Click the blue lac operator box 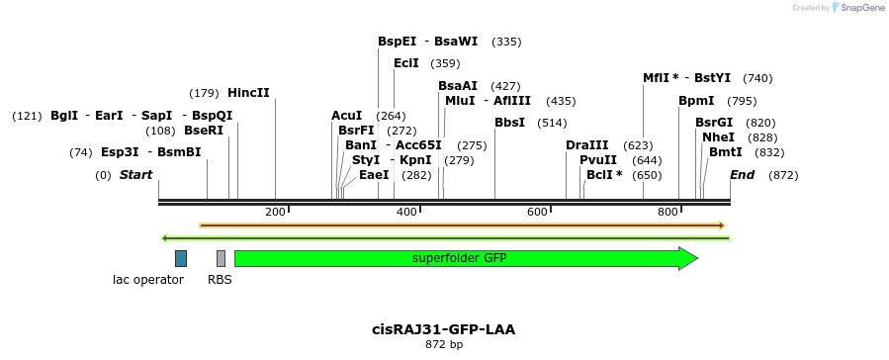click(x=181, y=258)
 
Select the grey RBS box click(x=221, y=258)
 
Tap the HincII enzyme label click(x=248, y=93)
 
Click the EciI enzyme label click(x=406, y=63)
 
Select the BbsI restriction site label click(x=509, y=123)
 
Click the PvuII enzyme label click(x=598, y=160)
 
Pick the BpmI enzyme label click(x=696, y=101)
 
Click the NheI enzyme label click(x=718, y=137)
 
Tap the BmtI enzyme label click(x=725, y=152)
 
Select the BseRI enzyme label click(x=204, y=131)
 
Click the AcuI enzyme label click(x=347, y=116)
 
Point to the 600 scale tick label click(x=537, y=212)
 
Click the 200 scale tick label click(x=275, y=212)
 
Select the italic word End click(x=743, y=175)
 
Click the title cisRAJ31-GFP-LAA click(x=443, y=329)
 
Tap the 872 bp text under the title click(x=443, y=345)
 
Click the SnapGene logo click(x=855, y=7)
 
